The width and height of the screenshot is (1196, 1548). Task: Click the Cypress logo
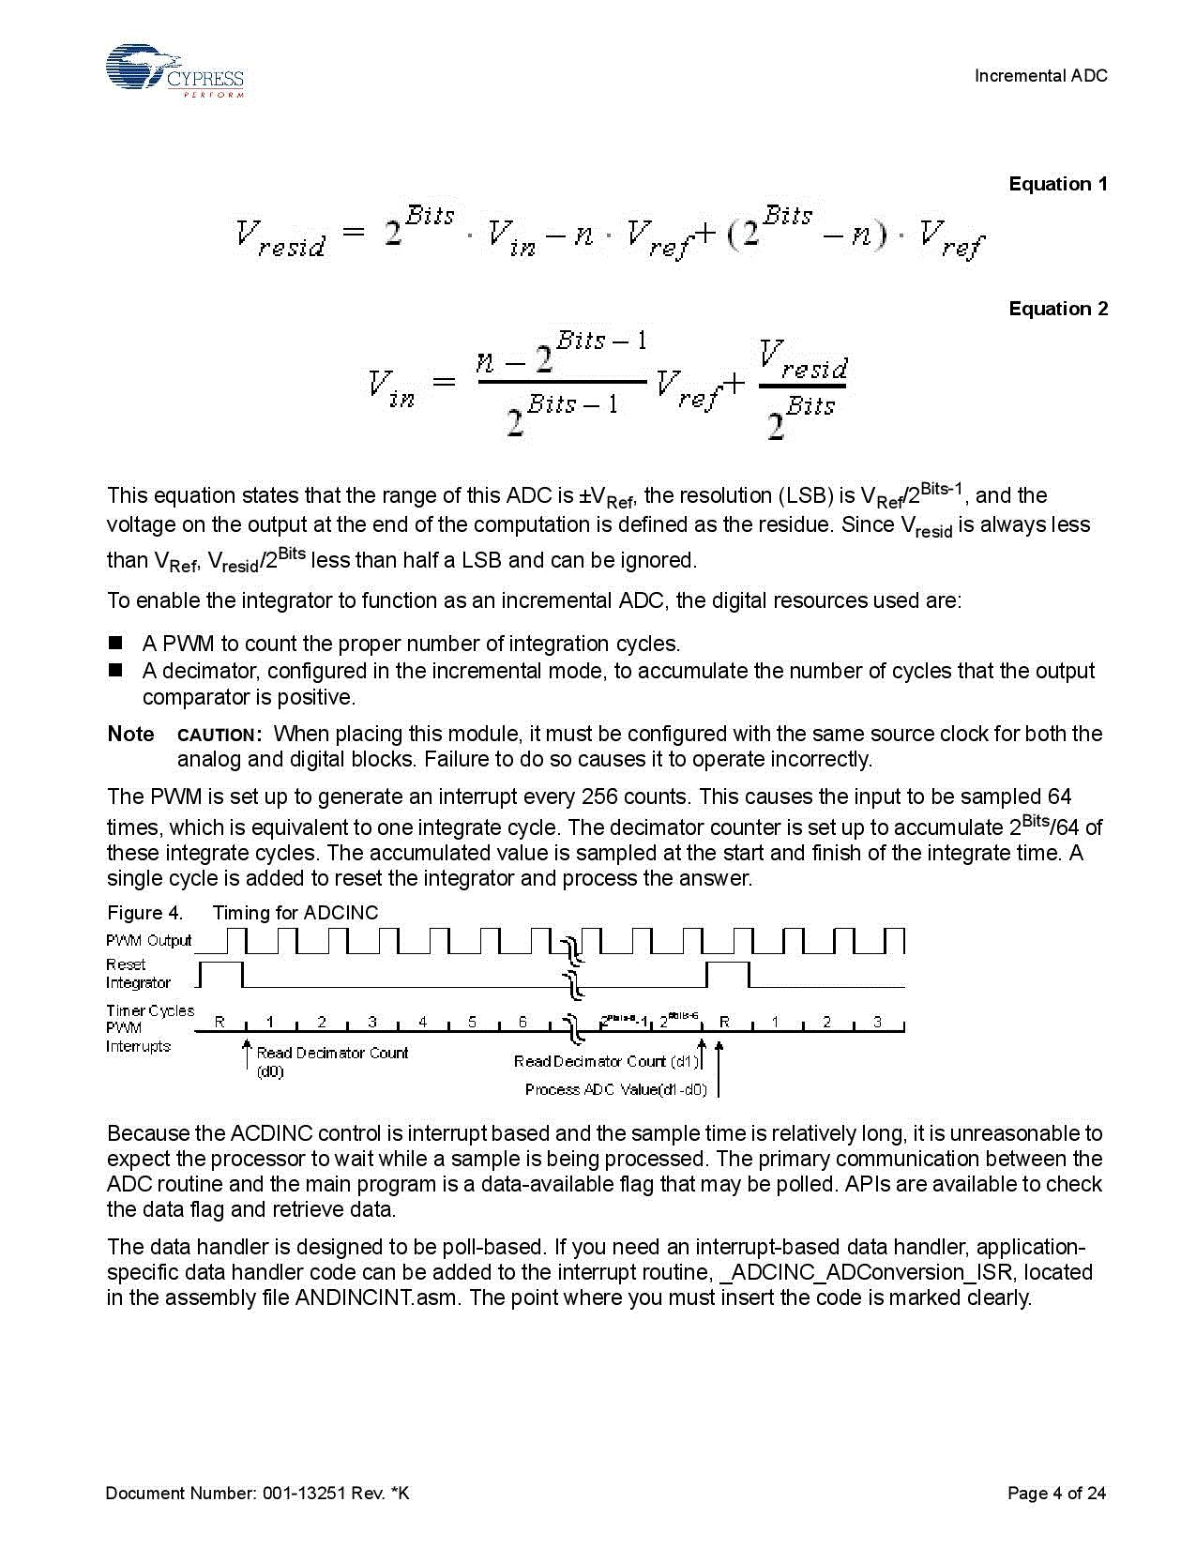coord(174,71)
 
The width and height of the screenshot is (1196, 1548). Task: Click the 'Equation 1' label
coord(1057,184)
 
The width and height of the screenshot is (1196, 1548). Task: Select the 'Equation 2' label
coord(1057,309)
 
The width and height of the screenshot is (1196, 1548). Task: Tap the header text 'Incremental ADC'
coord(1040,76)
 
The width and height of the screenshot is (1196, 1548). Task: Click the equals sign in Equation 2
coord(443,382)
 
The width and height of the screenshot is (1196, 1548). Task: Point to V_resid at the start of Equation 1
coord(280,237)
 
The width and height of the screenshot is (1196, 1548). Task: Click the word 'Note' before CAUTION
coord(130,734)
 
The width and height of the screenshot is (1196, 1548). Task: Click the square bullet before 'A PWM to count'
coord(115,644)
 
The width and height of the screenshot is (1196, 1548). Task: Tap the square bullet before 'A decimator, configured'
coord(115,671)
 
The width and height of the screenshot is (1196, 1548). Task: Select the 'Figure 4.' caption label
coord(144,913)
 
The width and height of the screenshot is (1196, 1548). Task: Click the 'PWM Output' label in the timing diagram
coord(148,940)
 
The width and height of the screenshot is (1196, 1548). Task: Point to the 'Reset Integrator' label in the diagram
coord(137,974)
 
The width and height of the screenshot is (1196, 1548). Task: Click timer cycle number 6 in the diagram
coord(522,1022)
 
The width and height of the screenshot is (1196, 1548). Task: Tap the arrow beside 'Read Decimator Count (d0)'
coord(247,1054)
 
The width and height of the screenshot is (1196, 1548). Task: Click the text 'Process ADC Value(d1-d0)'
coord(615,1089)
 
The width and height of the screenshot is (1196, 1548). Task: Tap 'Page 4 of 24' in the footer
coord(1056,1493)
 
